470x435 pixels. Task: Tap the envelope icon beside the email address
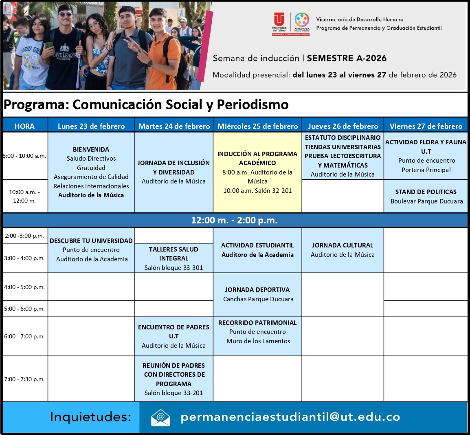160,417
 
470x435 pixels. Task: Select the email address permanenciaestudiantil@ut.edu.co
290,417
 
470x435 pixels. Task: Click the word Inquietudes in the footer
90,417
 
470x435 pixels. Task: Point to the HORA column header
25,126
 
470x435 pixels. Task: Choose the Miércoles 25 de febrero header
257,126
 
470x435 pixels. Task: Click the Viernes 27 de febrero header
426,126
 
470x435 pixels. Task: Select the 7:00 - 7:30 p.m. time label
24,379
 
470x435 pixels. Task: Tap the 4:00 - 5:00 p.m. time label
24,287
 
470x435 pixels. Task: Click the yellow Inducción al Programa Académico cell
257,172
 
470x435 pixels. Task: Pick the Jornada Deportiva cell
257,294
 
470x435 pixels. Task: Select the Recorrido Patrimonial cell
257,332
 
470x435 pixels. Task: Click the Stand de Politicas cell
426,196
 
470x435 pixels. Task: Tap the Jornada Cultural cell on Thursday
343,250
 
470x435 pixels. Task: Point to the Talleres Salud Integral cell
174,258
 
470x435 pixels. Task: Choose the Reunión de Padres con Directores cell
174,379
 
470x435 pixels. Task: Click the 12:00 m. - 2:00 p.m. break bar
235,221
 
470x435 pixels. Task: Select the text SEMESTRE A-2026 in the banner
347,58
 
